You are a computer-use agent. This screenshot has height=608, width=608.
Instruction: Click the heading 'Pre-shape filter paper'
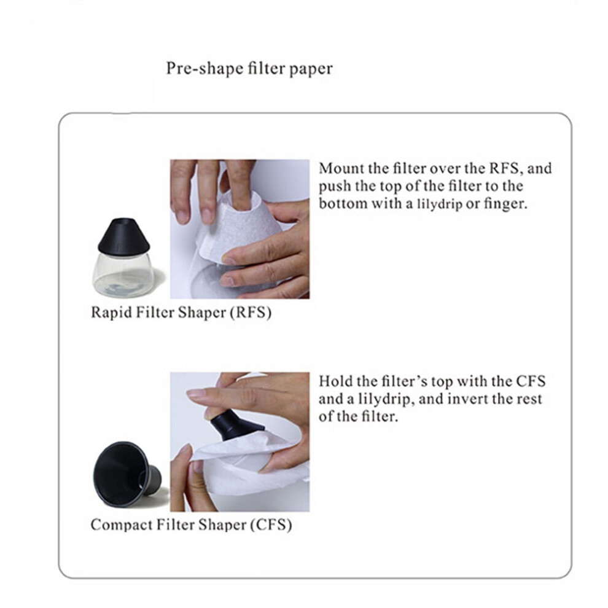point(249,69)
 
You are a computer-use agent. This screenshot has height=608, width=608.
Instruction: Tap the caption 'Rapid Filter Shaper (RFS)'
point(181,313)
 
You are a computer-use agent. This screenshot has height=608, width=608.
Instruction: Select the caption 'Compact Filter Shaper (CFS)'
point(191,525)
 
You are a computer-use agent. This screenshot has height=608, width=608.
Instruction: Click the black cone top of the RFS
point(123,235)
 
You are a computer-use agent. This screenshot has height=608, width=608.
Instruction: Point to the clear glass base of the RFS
point(123,274)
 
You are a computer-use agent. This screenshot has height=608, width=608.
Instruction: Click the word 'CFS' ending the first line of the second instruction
point(531,381)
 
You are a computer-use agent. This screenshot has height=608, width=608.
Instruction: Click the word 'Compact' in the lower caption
point(122,526)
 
